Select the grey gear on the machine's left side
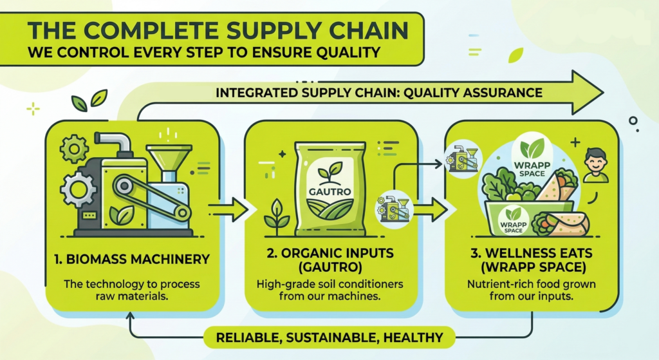click(x=76, y=189)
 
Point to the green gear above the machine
click(x=75, y=149)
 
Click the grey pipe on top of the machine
click(x=113, y=144)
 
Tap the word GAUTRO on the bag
click(x=329, y=192)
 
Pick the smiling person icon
click(x=595, y=165)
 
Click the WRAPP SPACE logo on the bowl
click(x=513, y=220)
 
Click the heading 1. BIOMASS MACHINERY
click(x=132, y=259)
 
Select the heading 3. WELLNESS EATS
click(x=531, y=253)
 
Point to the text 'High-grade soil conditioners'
click(x=330, y=284)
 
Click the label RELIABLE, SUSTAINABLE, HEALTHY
click(x=329, y=337)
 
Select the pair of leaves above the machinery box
click(x=89, y=100)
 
